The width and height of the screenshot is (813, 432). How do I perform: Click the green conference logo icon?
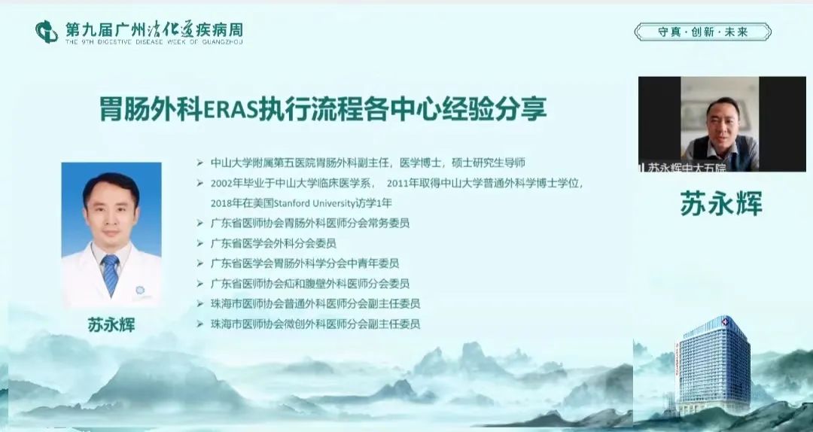tap(46, 32)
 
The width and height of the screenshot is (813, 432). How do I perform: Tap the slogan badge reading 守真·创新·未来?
tap(702, 32)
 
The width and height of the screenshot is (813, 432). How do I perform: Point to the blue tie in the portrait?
tap(110, 274)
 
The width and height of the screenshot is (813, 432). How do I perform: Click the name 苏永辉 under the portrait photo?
tap(111, 324)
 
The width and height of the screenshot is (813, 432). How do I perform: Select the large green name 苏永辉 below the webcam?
tap(721, 202)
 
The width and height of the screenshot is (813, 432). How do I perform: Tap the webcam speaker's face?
tap(723, 123)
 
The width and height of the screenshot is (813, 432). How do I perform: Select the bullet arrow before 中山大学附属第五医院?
tap(199, 163)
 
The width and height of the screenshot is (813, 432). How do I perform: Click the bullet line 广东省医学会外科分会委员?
tap(273, 243)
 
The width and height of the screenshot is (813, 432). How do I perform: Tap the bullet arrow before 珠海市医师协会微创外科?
tap(199, 324)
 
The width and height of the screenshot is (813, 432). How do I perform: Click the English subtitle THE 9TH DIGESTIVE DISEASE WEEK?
tap(154, 41)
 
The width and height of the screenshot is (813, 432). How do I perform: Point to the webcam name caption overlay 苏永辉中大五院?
tap(683, 166)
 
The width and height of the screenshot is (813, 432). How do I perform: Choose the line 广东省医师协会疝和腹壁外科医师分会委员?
tap(310, 284)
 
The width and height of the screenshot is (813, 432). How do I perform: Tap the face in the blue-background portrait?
tap(111, 210)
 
